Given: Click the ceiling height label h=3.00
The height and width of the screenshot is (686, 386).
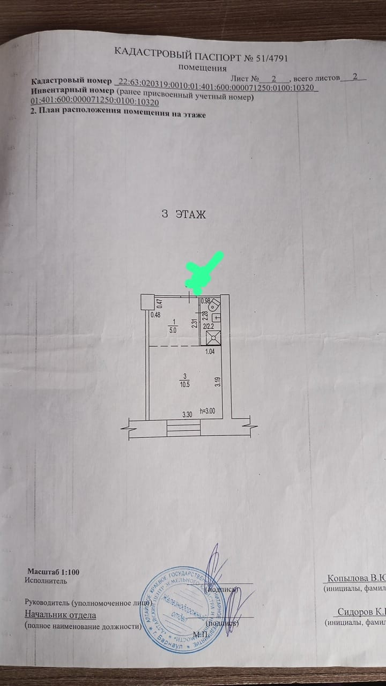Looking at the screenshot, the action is [206, 412].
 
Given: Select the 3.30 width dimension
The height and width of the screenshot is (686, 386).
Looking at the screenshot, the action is [187, 414].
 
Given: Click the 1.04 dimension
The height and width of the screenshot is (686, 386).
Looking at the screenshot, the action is [210, 353].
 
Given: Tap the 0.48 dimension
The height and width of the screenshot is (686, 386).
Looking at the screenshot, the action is [155, 315].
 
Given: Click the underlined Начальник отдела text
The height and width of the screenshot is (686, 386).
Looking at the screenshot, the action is [60, 615].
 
